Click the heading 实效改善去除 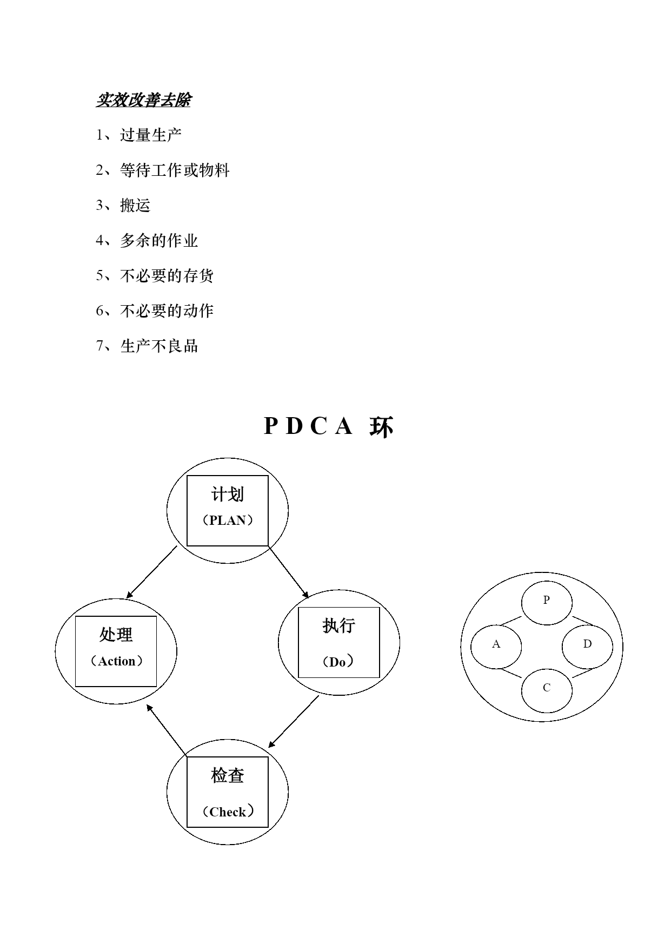[143, 100]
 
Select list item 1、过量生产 [139, 135]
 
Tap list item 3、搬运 [123, 205]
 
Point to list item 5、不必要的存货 [155, 275]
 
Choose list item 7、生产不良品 [147, 346]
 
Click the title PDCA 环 [329, 426]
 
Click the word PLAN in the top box [228, 520]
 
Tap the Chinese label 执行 [339, 625]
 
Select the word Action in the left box [117, 661]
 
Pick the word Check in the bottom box [228, 812]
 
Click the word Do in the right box [337, 662]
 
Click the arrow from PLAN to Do [289, 572]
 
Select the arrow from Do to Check [294, 721]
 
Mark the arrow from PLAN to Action [152, 572]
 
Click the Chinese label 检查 [228, 776]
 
